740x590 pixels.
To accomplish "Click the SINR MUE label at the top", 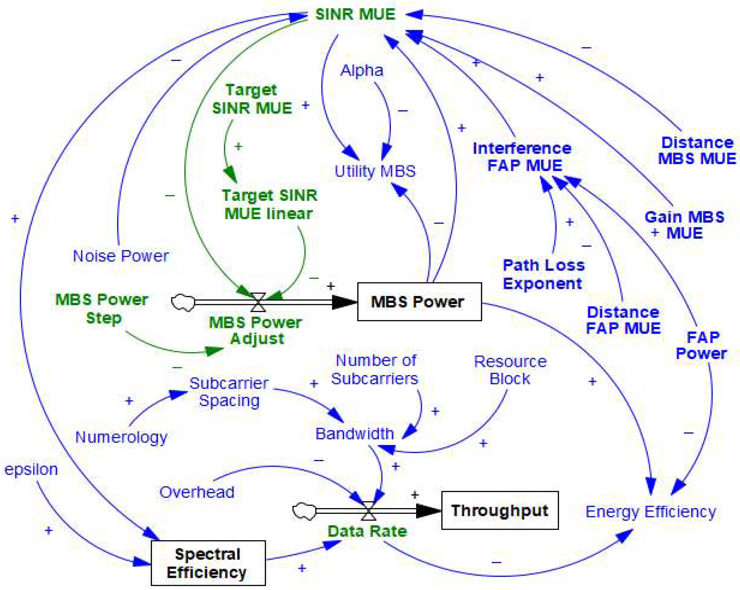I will tap(355, 14).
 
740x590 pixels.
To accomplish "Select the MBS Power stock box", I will tap(419, 301).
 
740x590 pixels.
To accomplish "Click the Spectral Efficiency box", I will tap(208, 563).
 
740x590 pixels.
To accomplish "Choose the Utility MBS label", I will tap(375, 171).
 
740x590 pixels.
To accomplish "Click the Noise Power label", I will tap(121, 256).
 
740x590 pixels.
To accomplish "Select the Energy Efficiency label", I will tap(651, 512).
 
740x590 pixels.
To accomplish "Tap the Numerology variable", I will tap(121, 437).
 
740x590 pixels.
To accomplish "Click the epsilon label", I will tap(31, 469).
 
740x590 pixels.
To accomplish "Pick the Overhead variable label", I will tap(197, 492).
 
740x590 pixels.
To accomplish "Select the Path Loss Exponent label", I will tap(543, 274).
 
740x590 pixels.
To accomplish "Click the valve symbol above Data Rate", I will tap(369, 511).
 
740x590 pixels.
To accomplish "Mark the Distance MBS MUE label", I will tap(697, 151).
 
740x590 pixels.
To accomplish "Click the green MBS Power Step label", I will tap(102, 309).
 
